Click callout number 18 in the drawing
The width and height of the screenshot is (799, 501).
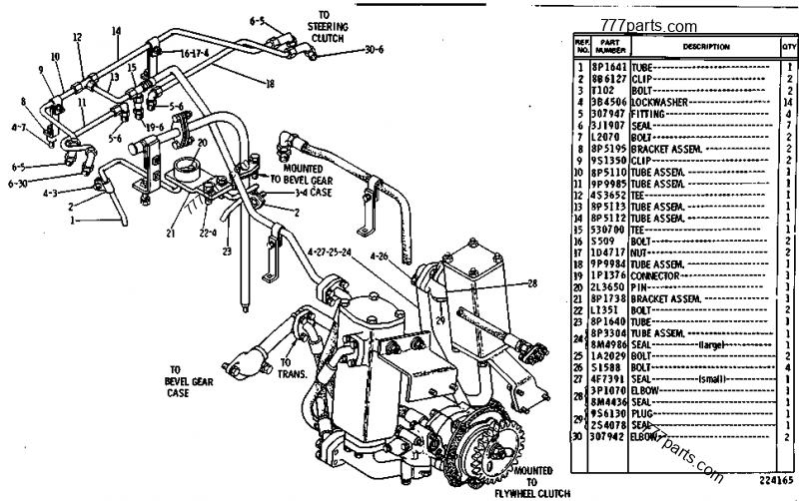click(x=270, y=84)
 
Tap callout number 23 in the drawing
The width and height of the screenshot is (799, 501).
click(x=227, y=251)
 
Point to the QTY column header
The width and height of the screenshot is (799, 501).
click(x=789, y=46)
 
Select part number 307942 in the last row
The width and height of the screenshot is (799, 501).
click(x=608, y=436)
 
